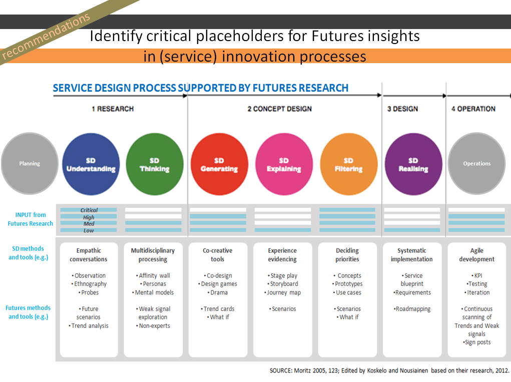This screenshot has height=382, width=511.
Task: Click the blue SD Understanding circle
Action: coord(92,164)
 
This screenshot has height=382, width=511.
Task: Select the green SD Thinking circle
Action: coord(155,164)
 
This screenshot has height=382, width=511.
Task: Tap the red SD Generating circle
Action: coord(219,164)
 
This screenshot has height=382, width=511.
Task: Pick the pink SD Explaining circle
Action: coord(284,164)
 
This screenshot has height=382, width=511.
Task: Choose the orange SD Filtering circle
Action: coord(348,164)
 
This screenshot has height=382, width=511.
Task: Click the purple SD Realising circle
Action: coord(413,164)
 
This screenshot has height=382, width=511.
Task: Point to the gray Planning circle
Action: coord(30,164)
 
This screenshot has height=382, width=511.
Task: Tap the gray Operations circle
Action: coord(476,164)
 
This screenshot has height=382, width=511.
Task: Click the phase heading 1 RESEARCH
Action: coord(113,109)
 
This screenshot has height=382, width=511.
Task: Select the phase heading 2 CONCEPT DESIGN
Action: coord(279,109)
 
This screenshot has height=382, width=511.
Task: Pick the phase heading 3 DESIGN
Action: coord(402,109)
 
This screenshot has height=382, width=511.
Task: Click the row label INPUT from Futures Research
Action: coord(30,219)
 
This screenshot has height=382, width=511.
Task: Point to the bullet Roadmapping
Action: coord(412,309)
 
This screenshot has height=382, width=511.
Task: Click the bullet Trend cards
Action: coord(218,309)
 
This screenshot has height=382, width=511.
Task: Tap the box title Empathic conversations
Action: coord(89,255)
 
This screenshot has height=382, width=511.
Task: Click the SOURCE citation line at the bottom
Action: coord(389,371)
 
